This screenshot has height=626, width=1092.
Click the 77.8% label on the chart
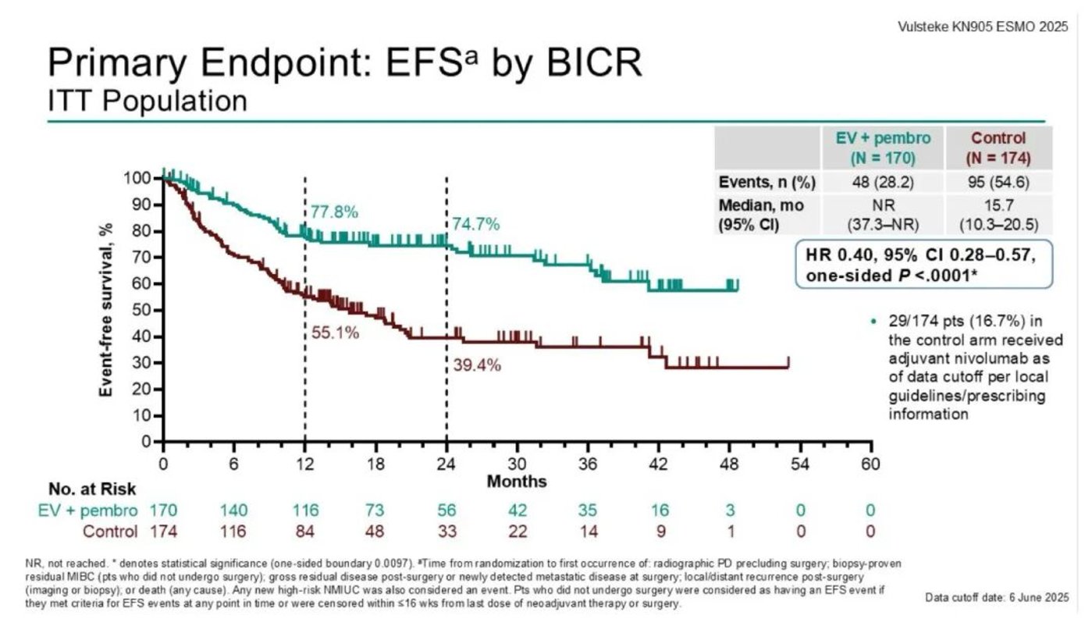click(x=334, y=212)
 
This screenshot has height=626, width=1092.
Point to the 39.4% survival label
click(x=476, y=365)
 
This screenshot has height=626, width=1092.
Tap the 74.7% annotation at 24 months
click(x=476, y=225)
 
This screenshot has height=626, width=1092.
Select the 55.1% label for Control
click(x=335, y=333)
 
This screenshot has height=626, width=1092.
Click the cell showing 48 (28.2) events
click(x=888, y=183)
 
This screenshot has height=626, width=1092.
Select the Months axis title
click(x=516, y=481)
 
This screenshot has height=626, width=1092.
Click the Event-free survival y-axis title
click(x=107, y=310)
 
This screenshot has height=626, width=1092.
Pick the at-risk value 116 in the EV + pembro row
click(x=305, y=510)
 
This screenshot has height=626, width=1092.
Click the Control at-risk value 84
click(x=305, y=532)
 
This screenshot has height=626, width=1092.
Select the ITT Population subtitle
click(x=148, y=101)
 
